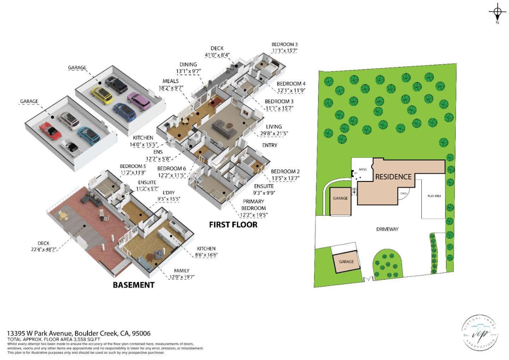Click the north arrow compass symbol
click(x=497, y=13)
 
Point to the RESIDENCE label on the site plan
click(x=393, y=176)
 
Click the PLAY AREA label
click(x=434, y=196)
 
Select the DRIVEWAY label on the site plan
click(x=387, y=229)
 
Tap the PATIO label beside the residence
click(x=363, y=170)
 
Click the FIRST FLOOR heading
click(x=233, y=225)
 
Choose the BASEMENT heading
click(x=133, y=285)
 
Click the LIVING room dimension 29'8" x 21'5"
click(x=274, y=134)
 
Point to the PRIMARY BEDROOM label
click(x=253, y=205)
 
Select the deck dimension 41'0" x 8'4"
click(x=217, y=55)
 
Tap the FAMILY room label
click(x=181, y=271)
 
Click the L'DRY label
click(x=169, y=193)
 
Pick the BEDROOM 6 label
click(x=171, y=169)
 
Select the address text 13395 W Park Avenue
click(x=40, y=333)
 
